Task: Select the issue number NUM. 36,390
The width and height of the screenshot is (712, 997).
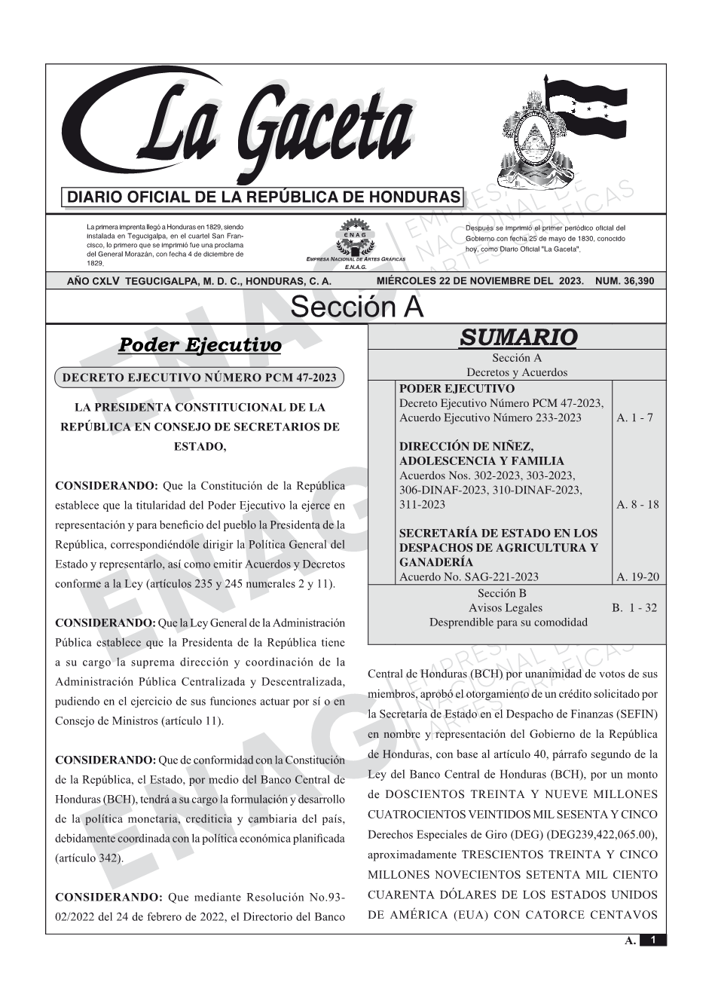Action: [x=625, y=281]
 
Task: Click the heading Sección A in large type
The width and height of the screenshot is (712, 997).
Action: [x=356, y=307]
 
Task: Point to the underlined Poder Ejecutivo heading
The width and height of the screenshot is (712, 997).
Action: [x=200, y=345]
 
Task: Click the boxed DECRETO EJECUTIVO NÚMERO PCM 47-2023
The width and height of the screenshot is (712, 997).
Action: [x=200, y=378]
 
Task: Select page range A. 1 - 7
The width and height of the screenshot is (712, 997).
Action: [x=634, y=418]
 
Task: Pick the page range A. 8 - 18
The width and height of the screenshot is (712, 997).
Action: [x=637, y=505]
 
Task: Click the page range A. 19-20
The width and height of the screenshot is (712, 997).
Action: [x=637, y=577]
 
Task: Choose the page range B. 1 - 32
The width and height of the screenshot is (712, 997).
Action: [x=634, y=608]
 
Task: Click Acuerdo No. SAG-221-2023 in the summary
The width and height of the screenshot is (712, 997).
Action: [x=469, y=577]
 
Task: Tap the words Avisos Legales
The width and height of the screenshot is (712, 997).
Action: [x=505, y=608]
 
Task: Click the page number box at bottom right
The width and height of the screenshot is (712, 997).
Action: [x=652, y=940]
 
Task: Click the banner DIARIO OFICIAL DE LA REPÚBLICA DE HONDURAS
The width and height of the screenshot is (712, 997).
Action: [x=264, y=197]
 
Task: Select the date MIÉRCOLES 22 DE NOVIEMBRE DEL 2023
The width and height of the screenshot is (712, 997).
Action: [x=480, y=281]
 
